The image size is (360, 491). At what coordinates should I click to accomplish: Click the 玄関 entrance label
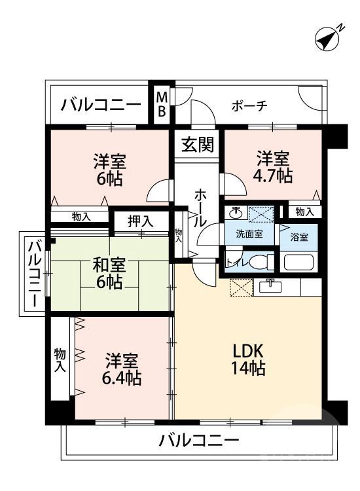[197, 143]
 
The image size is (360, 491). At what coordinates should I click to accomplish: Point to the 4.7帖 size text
[274, 175]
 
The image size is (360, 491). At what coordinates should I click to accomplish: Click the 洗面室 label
[251, 234]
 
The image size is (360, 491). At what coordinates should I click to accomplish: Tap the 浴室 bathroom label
[299, 237]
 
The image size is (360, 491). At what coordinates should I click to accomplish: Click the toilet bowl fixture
[259, 261]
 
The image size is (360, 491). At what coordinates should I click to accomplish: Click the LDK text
[248, 350]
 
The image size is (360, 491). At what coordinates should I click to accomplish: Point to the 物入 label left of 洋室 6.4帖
[60, 360]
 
